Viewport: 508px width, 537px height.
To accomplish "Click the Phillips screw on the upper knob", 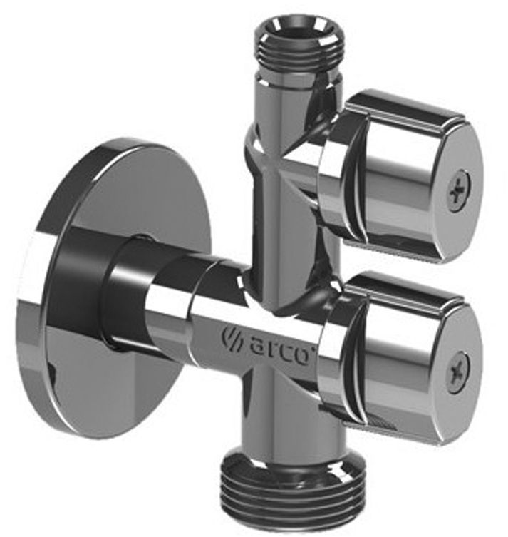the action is point(460,190).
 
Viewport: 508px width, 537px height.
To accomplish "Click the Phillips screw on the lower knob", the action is point(460,372).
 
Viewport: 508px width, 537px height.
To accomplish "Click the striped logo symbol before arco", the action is point(232,338).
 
